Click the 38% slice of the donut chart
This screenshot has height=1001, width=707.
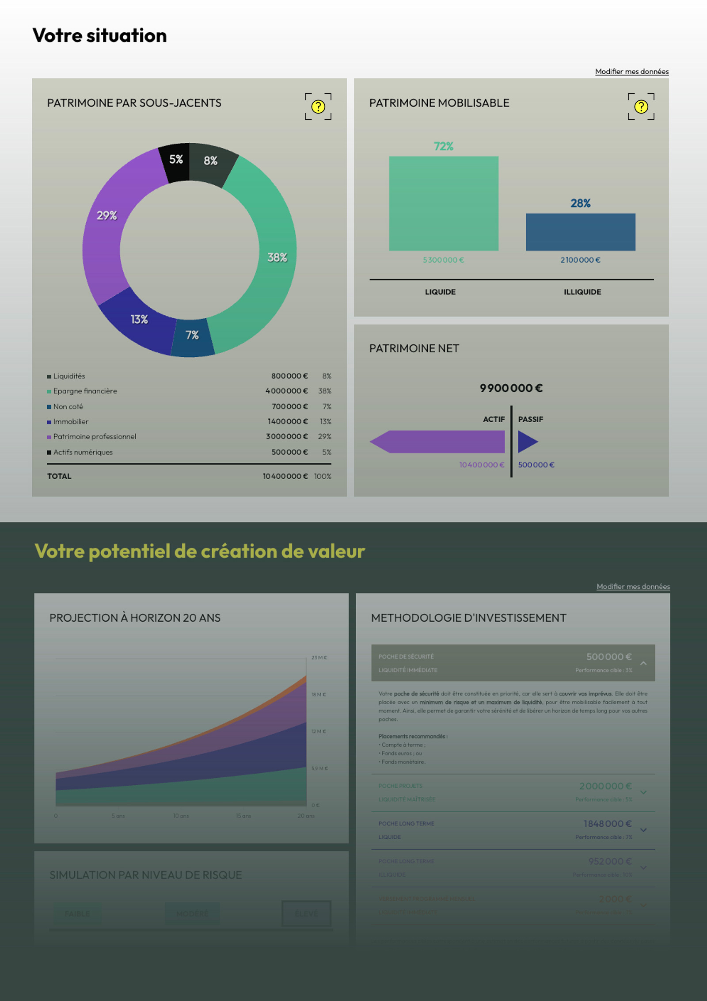point(277,257)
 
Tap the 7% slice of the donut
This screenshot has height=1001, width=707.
point(192,336)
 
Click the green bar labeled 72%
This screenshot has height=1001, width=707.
point(443,203)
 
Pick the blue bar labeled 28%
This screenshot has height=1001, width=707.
point(580,232)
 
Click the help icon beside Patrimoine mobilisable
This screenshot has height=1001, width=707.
point(641,107)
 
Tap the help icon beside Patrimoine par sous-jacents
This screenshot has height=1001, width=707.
point(318,107)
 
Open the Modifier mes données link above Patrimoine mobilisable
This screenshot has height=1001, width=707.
point(631,72)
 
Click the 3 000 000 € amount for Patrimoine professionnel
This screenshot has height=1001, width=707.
point(287,436)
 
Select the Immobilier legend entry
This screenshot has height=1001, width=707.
point(71,421)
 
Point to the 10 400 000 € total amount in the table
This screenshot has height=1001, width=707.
point(285,476)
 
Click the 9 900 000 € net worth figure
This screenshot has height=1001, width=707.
point(511,388)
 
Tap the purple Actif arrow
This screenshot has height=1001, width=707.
point(437,442)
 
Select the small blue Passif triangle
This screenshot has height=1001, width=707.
point(527,442)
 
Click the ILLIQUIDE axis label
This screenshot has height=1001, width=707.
point(582,292)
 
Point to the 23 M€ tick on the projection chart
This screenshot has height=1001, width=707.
point(319,657)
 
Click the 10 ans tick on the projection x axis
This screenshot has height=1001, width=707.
point(181,816)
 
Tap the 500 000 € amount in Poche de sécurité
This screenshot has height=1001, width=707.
point(609,657)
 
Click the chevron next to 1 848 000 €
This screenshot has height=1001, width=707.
point(643,830)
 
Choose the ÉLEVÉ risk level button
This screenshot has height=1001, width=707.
point(306,913)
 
